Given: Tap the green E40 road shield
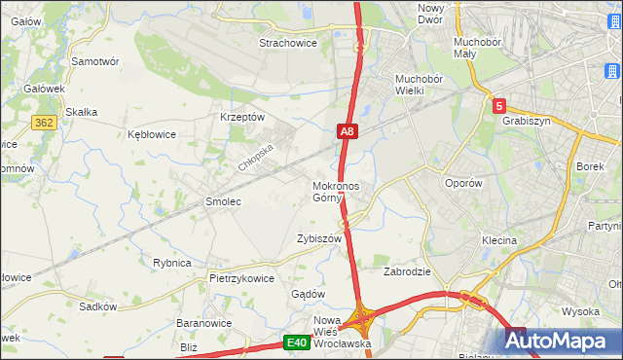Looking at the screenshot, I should (297, 342).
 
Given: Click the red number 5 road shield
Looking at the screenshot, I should (498, 106).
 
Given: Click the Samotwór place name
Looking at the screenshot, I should (95, 60).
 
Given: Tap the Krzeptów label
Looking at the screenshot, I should (243, 117).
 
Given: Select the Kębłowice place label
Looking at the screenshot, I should (152, 135).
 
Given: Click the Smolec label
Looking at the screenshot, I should (222, 201).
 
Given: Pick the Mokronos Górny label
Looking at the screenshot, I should (336, 192).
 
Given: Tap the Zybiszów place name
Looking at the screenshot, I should (319, 238).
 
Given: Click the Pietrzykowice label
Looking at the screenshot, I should (241, 277).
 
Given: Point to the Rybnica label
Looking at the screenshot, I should (171, 263).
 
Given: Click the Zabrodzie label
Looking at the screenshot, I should (407, 271).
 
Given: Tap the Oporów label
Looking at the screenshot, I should (463, 183).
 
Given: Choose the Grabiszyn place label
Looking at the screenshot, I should (527, 122).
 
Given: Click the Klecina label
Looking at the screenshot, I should (498, 239).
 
